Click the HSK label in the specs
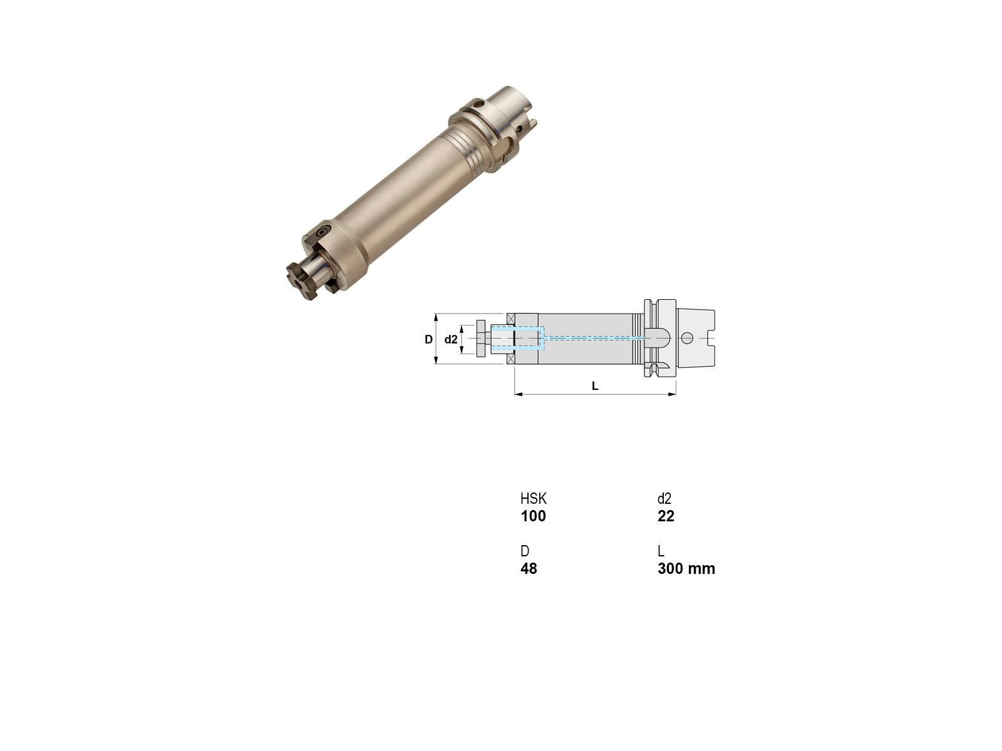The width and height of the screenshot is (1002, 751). tap(533, 498)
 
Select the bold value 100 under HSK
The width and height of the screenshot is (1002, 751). tap(533, 516)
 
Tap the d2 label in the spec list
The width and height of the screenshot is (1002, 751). tap(664, 498)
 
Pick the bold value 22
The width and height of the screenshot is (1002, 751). tap(666, 516)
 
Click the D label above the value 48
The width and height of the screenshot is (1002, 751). tap(525, 551)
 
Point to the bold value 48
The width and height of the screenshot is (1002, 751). tap(529, 569)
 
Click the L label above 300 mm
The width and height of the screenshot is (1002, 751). tap(661, 551)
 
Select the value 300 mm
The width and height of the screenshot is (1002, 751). tap(686, 569)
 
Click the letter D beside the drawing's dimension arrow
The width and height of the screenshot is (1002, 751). tap(428, 339)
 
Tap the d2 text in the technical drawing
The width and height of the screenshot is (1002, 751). tap(450, 339)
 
